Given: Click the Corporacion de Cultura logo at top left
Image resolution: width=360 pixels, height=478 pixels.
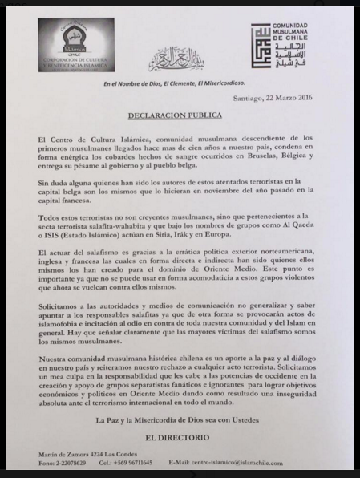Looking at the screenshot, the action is click(x=76, y=45).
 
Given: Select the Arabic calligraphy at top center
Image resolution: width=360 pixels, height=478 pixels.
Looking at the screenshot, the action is click(x=178, y=58).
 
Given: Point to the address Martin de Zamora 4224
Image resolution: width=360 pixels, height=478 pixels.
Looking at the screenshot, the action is click(x=80, y=453).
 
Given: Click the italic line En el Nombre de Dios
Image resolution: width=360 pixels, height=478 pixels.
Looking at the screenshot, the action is click(x=180, y=83).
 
